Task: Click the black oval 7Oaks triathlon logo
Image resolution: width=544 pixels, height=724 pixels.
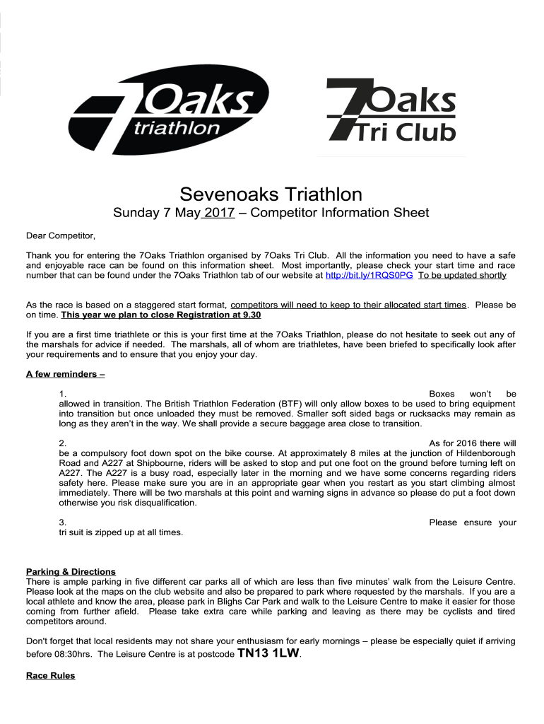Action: click(x=170, y=114)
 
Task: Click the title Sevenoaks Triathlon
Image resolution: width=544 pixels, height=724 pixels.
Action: click(x=271, y=194)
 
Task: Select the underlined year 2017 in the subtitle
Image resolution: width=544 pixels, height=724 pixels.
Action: click(x=219, y=213)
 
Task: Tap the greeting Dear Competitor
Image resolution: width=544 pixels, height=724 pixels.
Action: click(x=60, y=235)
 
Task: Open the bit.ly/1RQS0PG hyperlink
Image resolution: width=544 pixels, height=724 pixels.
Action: click(x=368, y=275)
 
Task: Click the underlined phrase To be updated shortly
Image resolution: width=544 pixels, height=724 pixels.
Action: click(x=462, y=275)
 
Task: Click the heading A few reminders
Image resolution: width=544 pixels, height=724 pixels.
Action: click(x=65, y=374)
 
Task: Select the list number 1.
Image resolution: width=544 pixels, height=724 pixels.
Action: click(x=63, y=394)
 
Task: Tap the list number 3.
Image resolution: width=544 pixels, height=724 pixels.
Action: click(x=63, y=522)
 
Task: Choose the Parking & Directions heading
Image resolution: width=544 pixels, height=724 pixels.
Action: click(x=71, y=571)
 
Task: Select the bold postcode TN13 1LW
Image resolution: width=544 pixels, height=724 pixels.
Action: click(x=268, y=653)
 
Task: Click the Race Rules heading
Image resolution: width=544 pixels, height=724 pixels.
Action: click(x=50, y=676)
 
